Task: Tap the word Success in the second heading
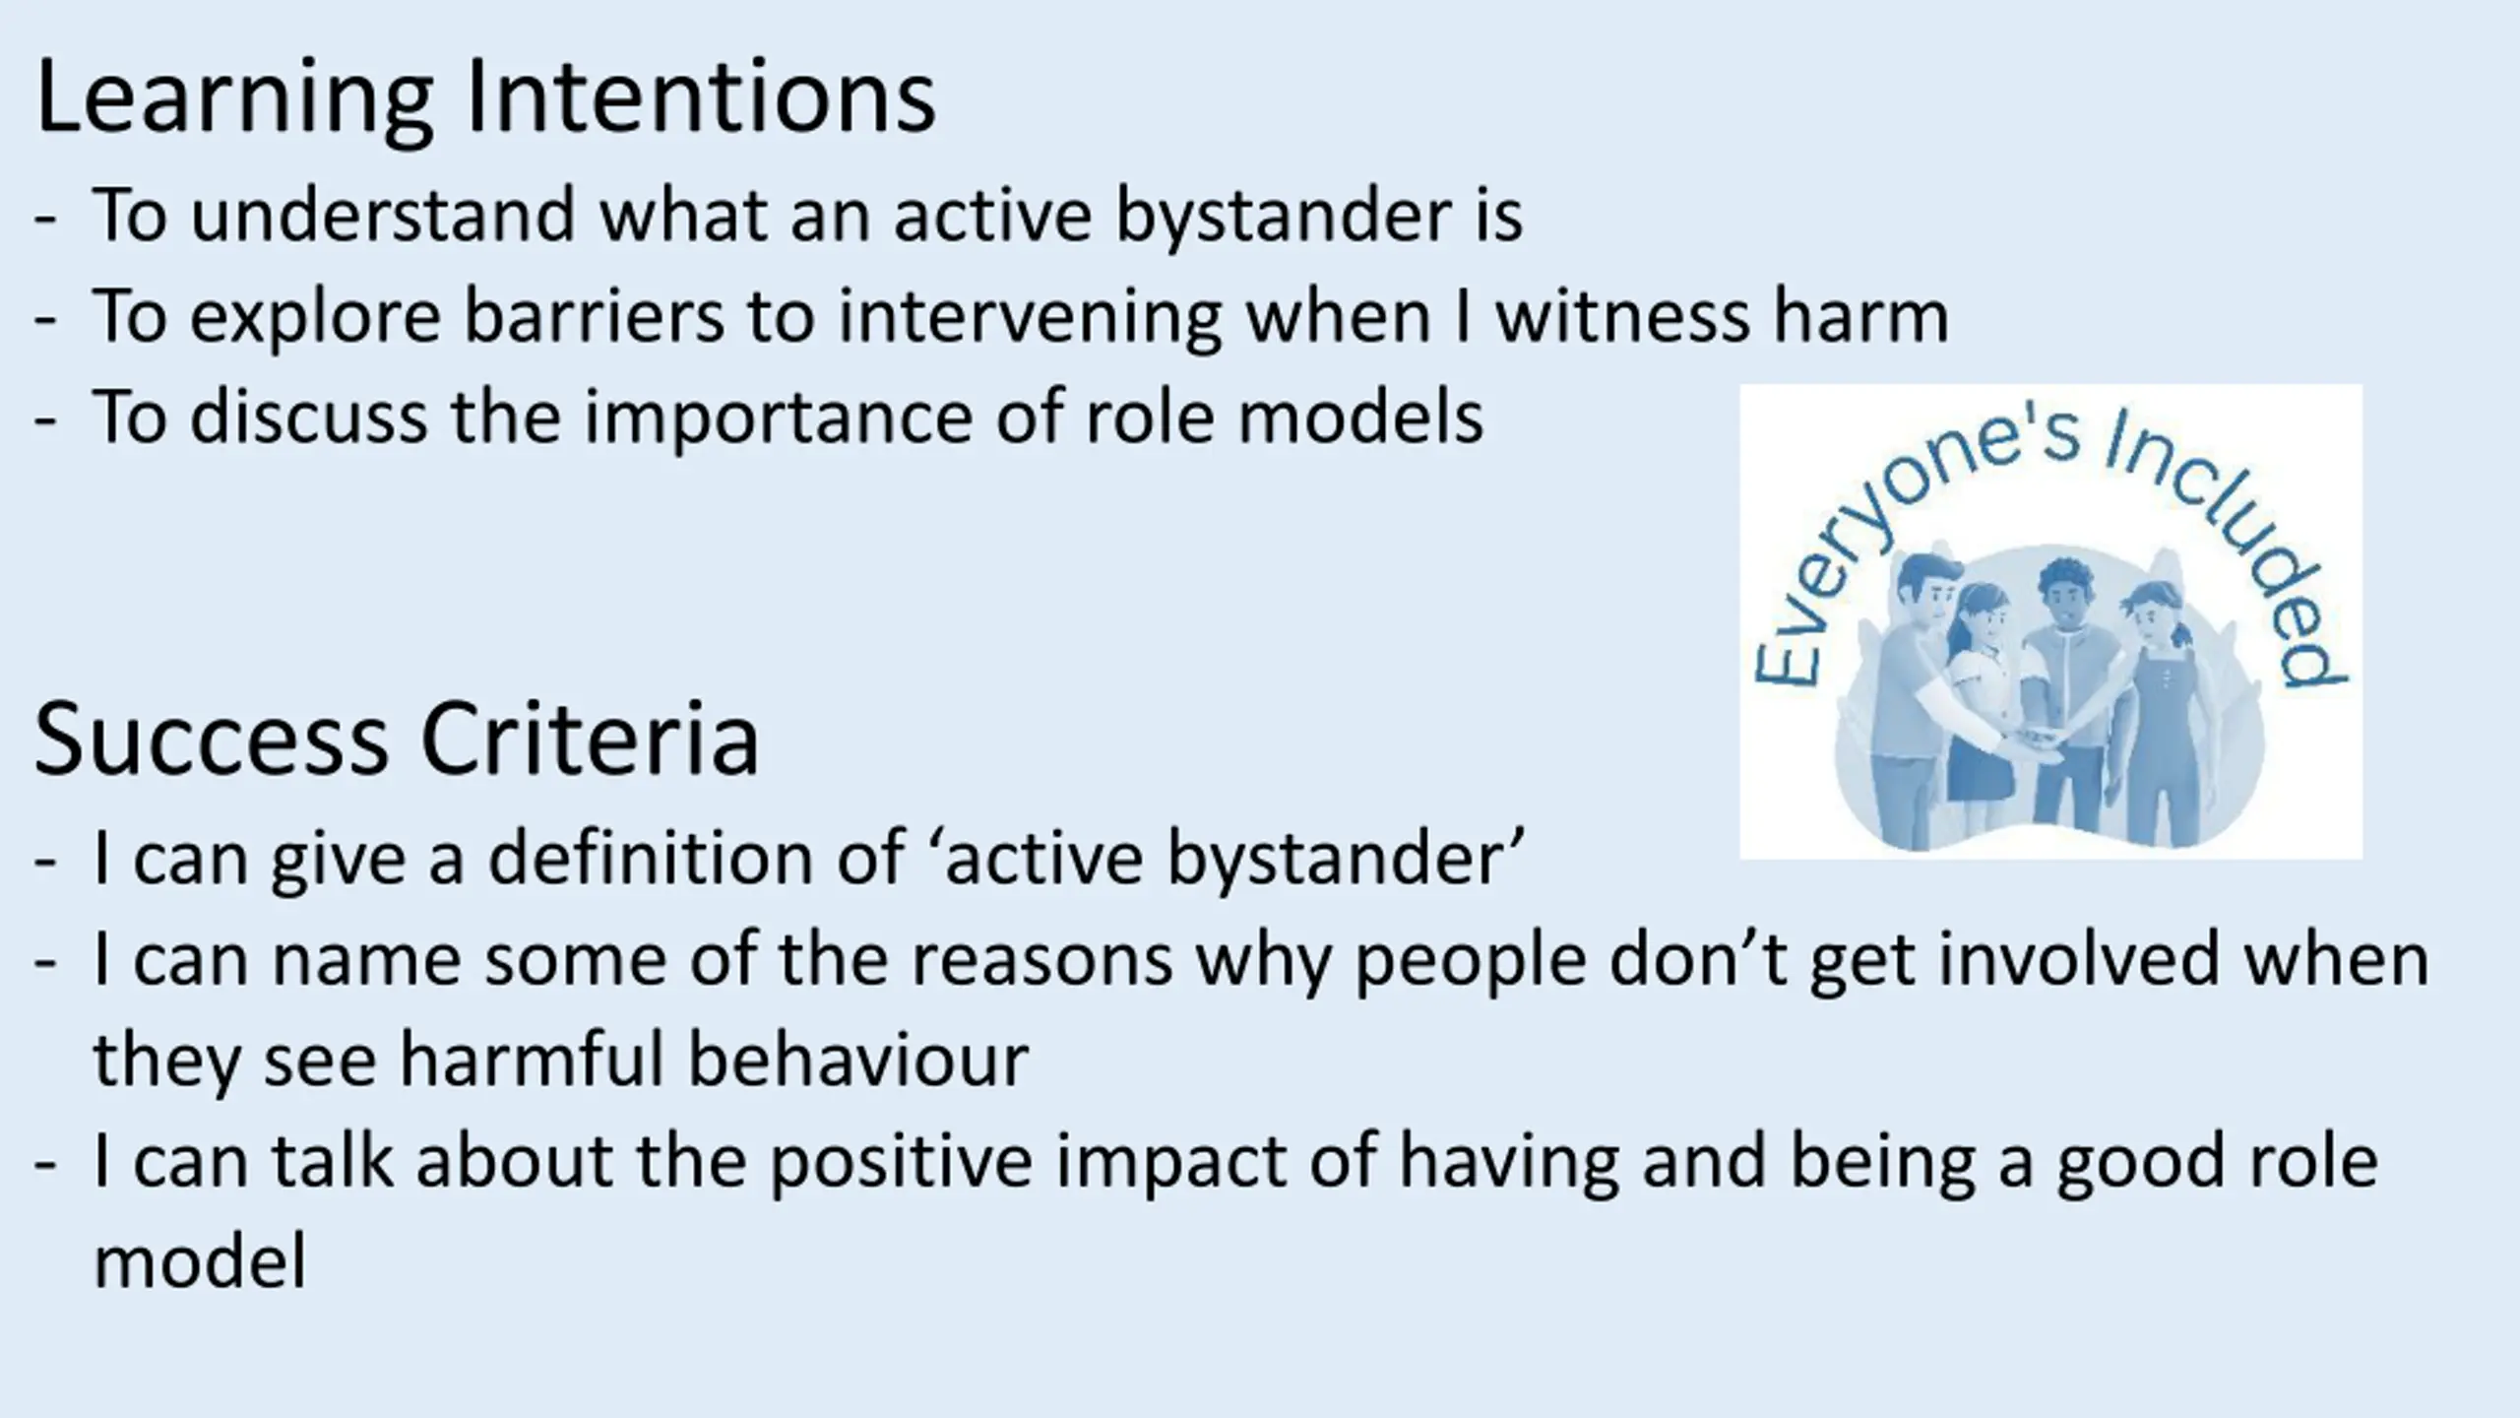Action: pos(212,739)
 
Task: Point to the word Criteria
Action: pos(591,739)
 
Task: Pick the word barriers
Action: pos(594,316)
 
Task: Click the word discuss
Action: pos(309,418)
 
